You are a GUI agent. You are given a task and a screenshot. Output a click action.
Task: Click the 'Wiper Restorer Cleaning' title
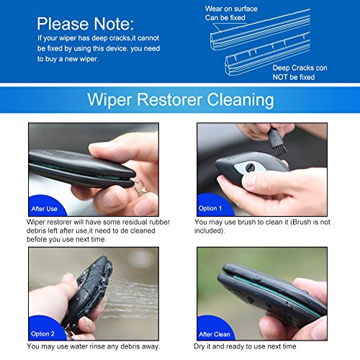(x=179, y=98)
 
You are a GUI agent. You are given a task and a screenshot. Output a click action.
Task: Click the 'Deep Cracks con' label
(x=300, y=68)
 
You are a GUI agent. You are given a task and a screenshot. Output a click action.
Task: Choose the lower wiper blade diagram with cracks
(x=274, y=55)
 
